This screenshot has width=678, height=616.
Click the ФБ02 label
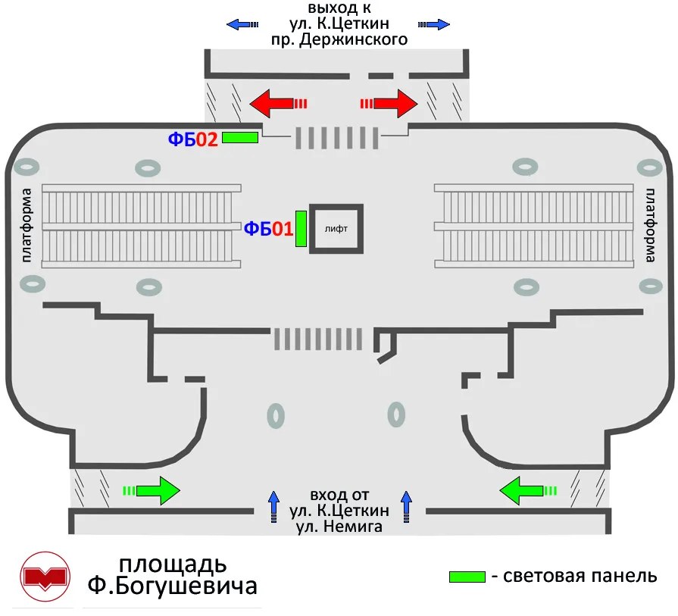(x=193, y=139)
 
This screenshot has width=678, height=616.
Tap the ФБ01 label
(x=268, y=228)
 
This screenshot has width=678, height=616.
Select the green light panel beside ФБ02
(x=240, y=138)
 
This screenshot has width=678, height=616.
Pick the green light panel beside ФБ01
(x=301, y=229)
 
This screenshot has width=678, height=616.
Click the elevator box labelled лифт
(x=336, y=229)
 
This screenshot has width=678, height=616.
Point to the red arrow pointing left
(x=279, y=103)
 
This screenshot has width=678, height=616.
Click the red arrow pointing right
(x=389, y=103)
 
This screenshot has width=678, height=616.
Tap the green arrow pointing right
(x=152, y=490)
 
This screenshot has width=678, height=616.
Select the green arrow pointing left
(x=528, y=490)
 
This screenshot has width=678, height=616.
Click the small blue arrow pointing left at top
(x=242, y=24)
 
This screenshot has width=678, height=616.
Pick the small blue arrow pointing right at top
(x=434, y=24)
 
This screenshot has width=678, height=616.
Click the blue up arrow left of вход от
(x=273, y=507)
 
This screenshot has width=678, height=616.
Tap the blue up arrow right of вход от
(x=407, y=507)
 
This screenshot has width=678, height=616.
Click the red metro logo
(x=45, y=577)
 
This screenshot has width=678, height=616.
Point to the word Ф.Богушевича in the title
(x=173, y=586)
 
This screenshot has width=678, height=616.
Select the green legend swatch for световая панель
(x=467, y=577)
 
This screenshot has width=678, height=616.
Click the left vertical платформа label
(x=27, y=225)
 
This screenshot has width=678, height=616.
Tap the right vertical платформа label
(x=650, y=225)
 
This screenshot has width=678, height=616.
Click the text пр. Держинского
(x=339, y=39)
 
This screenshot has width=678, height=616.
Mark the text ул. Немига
(x=339, y=527)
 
